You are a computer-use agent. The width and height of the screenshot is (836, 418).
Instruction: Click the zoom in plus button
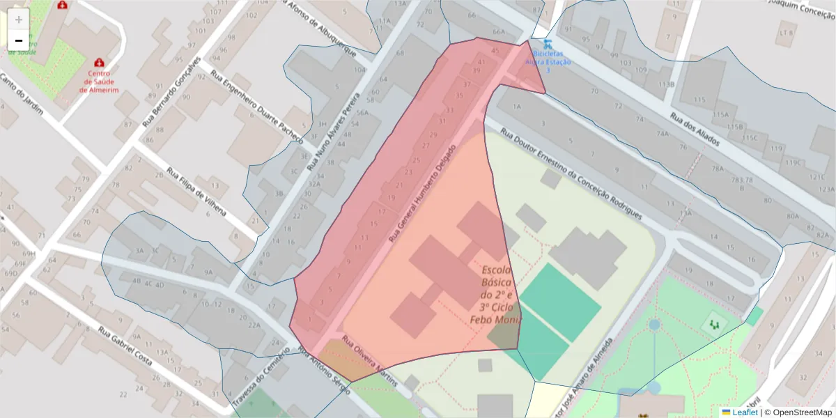click(19, 20)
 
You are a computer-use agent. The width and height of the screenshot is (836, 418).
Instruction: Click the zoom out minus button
click(19, 40)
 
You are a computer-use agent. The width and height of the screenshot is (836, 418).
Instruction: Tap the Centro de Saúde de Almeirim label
click(99, 81)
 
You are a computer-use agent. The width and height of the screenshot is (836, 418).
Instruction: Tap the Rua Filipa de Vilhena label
click(196, 192)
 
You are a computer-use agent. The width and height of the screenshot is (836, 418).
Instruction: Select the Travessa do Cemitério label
click(260, 380)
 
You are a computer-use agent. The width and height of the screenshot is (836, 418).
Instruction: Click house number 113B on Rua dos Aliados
click(667, 84)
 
